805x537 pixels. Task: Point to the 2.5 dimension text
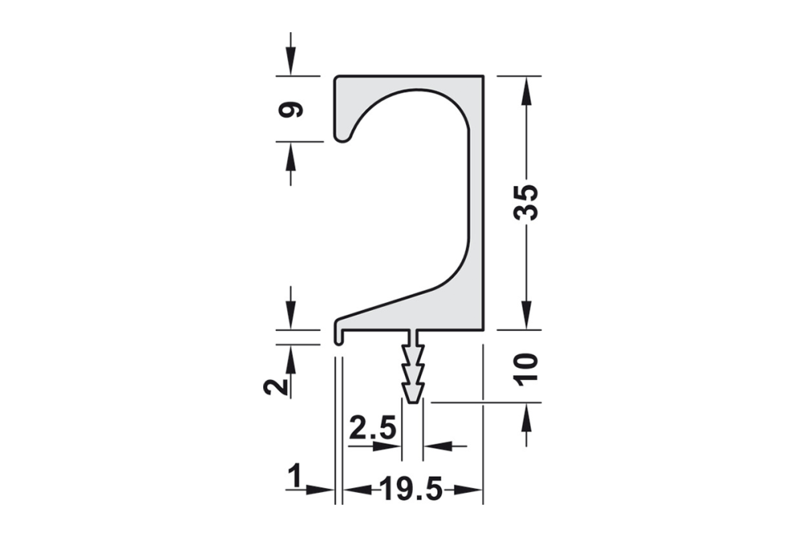coord(373,428)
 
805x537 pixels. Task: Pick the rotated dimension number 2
coord(275,386)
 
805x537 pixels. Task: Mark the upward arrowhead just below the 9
coord(291,155)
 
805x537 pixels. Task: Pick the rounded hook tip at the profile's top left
coord(343,135)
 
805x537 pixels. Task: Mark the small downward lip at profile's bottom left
coord(339,337)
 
